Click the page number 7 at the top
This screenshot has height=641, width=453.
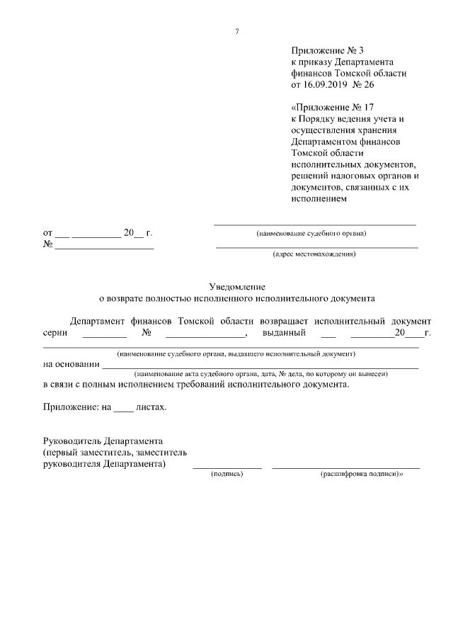click(x=237, y=30)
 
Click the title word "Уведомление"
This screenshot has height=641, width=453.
click(x=237, y=287)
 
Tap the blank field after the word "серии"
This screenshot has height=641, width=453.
click(x=104, y=332)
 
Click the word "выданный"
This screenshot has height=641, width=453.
click(x=283, y=332)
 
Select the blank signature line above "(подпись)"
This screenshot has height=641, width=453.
click(x=226, y=466)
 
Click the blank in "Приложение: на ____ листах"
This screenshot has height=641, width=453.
click(x=122, y=408)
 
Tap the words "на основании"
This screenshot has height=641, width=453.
click(x=71, y=365)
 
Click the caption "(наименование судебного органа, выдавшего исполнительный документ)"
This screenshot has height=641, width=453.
click(x=236, y=353)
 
